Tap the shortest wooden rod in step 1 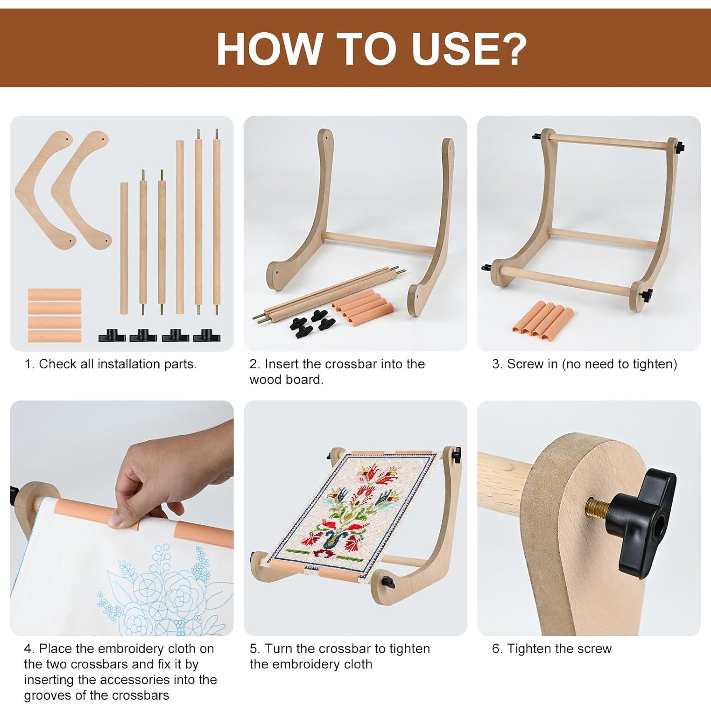click(124, 248)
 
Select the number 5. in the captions click(255, 648)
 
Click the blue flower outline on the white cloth click(156, 592)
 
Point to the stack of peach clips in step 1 click(55, 315)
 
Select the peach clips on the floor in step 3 click(543, 318)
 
